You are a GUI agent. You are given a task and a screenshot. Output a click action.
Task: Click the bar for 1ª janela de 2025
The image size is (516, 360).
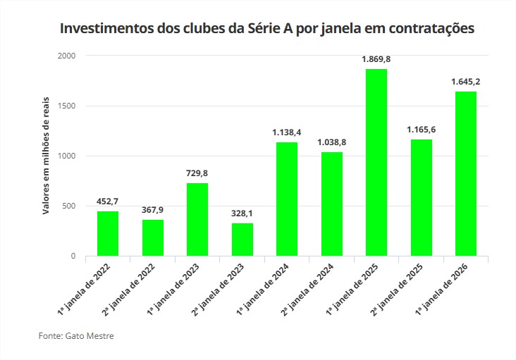pos(376,162)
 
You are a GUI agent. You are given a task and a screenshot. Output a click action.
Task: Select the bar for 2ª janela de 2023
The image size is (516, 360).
pos(242,240)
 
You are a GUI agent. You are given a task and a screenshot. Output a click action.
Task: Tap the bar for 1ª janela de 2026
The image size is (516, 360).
pos(465,173)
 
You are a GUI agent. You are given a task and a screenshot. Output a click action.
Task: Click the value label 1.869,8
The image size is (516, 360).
pos(376,59)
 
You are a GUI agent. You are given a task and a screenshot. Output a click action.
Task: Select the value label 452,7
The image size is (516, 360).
pos(108,201)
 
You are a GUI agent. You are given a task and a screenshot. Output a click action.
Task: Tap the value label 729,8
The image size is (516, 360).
pos(197,173)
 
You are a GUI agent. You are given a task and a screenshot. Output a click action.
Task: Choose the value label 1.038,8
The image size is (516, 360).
pos(331,142)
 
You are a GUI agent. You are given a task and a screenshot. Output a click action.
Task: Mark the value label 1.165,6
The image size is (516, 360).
pos(421,130)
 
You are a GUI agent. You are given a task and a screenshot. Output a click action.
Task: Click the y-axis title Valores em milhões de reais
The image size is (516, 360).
pos(46,156)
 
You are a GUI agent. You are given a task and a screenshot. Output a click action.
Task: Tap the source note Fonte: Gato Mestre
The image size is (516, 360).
pos(76,336)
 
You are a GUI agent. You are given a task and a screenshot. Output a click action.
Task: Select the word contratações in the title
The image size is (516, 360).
pos(429,30)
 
